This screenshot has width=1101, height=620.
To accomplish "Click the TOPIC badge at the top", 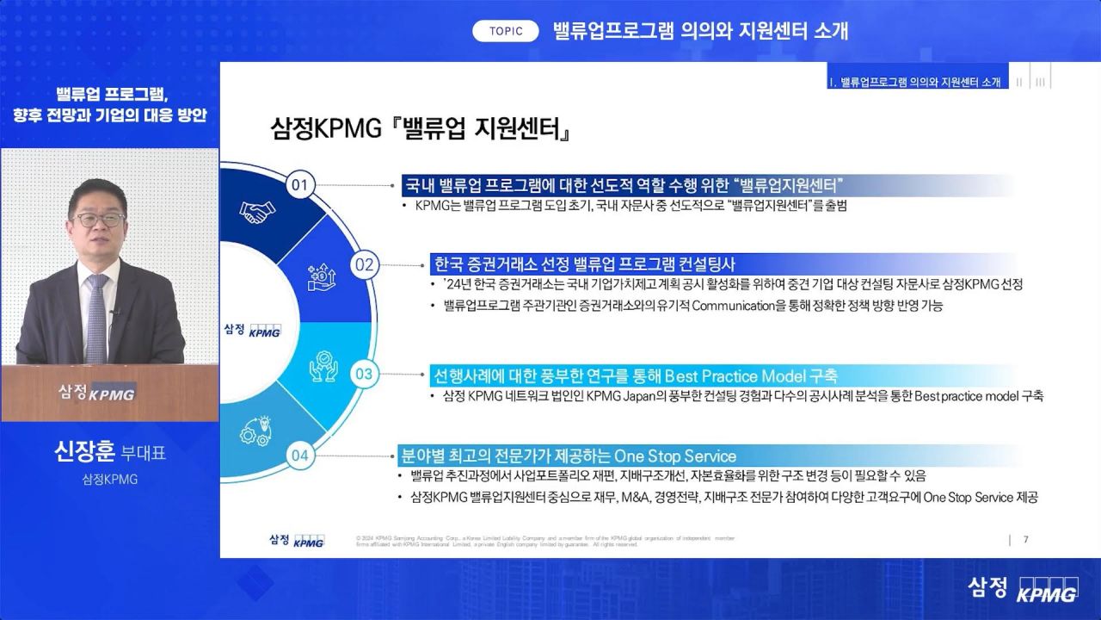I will click(506, 31).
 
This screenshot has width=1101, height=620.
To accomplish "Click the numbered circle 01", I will click(298, 185).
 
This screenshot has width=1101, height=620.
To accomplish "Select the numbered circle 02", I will click(364, 264).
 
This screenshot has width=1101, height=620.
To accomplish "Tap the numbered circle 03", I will click(364, 374).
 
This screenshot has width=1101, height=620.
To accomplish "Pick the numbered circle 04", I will click(298, 456).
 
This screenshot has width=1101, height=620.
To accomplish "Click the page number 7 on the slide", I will click(1025, 540).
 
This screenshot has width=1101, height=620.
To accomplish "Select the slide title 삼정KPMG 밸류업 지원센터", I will click(421, 131).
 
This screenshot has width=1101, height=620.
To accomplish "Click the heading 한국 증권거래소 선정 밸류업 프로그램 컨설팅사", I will click(585, 263).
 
